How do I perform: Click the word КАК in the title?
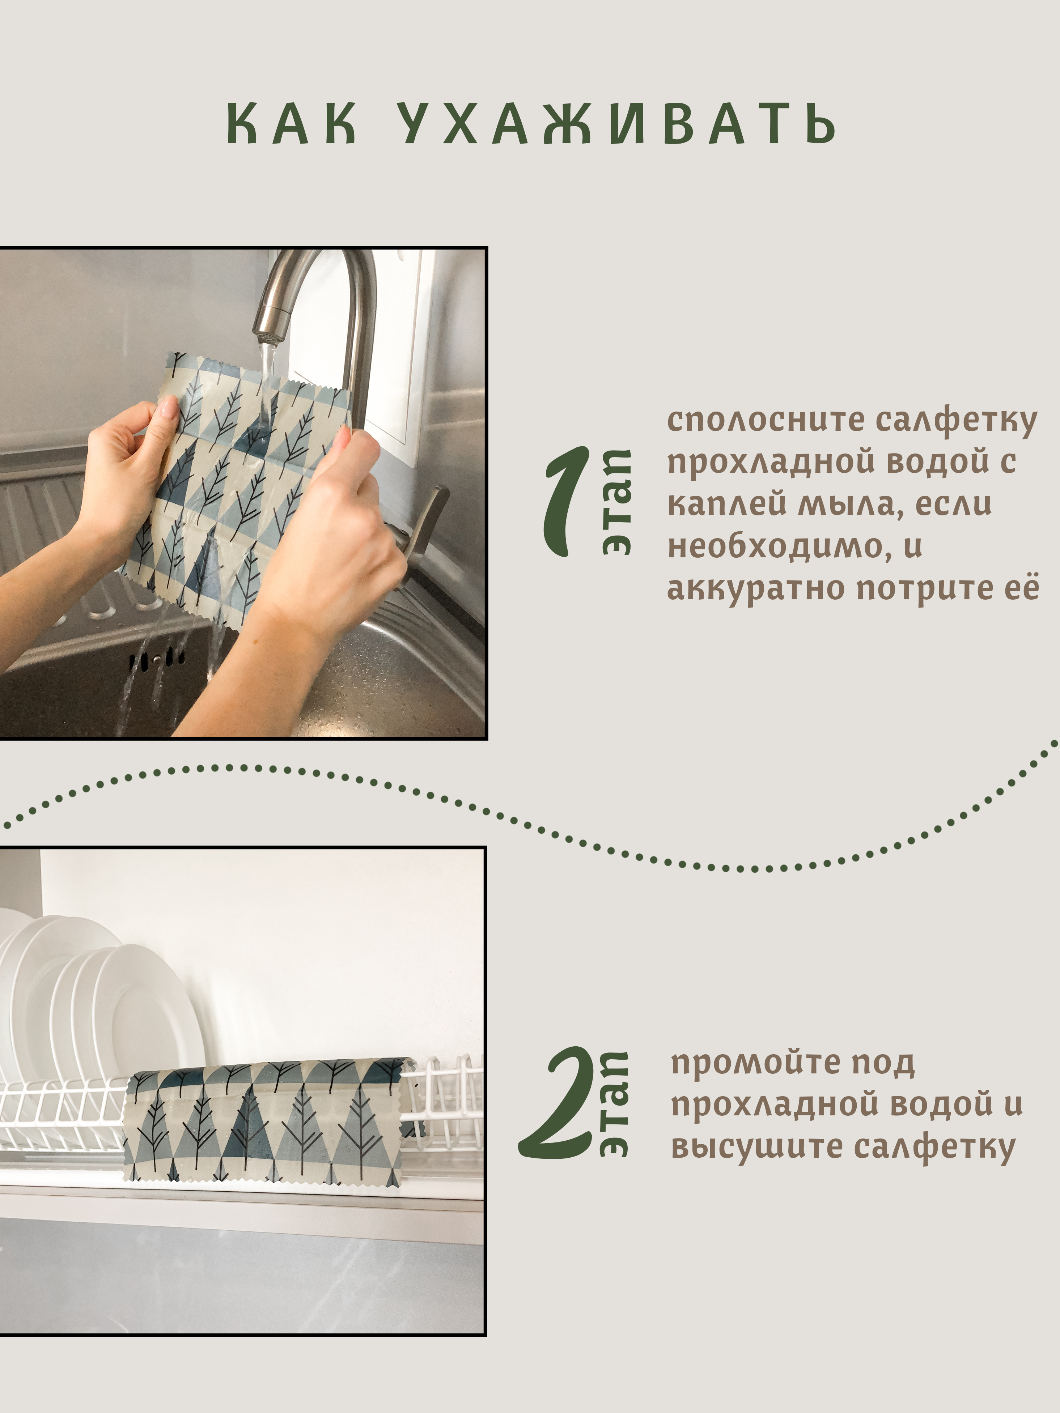pyautogui.click(x=291, y=123)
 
